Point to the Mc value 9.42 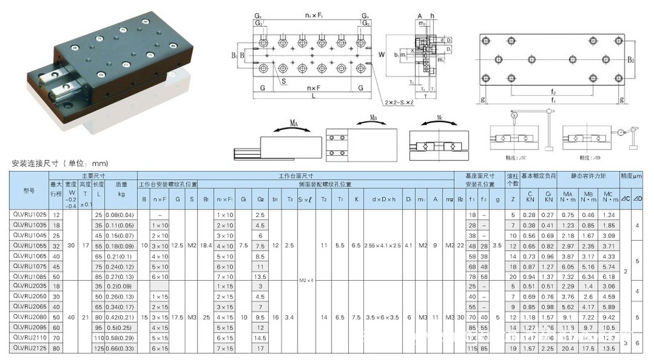click(609, 316)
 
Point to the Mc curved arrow click(435, 126)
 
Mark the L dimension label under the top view click(313, 96)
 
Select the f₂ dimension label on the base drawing click(553, 92)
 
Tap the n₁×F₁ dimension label click(313, 13)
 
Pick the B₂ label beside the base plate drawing click(630, 60)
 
